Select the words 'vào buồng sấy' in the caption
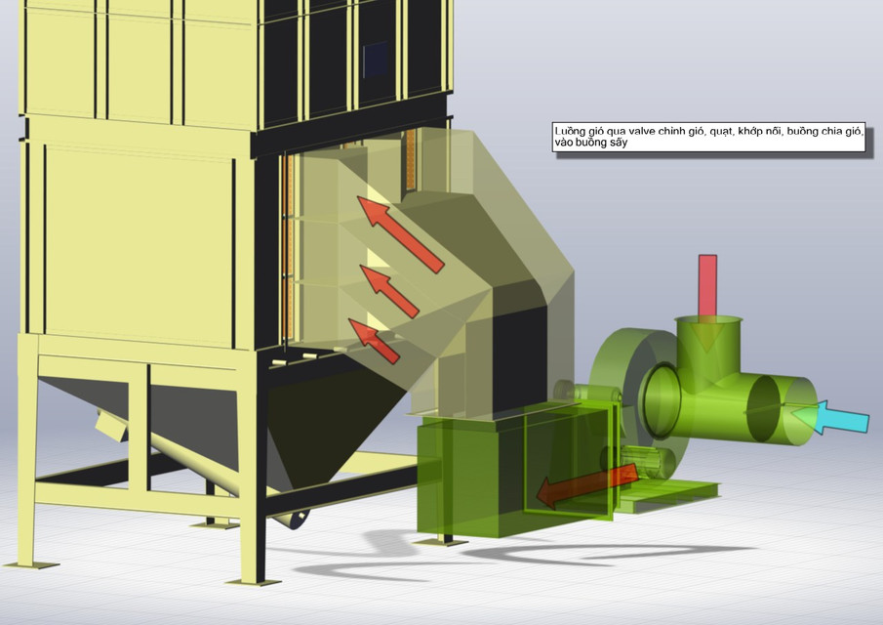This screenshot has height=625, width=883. point(589,143)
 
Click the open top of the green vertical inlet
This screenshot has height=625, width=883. point(709,323)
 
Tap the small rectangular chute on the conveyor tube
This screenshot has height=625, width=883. point(110,425)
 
